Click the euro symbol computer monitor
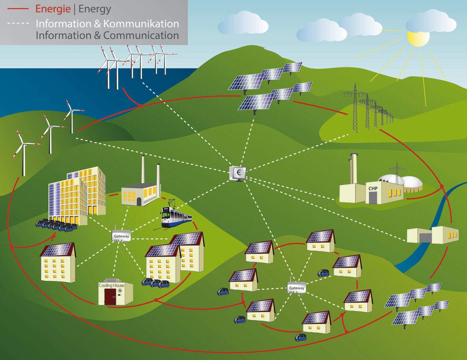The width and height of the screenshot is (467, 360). (238, 174)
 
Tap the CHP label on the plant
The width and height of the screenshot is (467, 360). (373, 188)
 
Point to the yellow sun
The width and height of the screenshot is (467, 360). (418, 38)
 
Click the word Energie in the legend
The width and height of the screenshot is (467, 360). (53, 9)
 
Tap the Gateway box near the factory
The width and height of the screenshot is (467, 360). (121, 236)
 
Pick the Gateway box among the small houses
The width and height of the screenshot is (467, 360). (297, 288)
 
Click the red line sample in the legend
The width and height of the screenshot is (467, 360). (18, 9)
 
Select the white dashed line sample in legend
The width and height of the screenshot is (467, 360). (18, 23)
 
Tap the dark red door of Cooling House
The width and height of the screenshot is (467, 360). (110, 297)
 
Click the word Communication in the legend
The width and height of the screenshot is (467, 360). (141, 36)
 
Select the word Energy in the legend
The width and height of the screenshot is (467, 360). (95, 9)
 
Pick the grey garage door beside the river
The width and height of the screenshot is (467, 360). (425, 237)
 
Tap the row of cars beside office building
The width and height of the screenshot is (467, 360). (56, 225)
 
